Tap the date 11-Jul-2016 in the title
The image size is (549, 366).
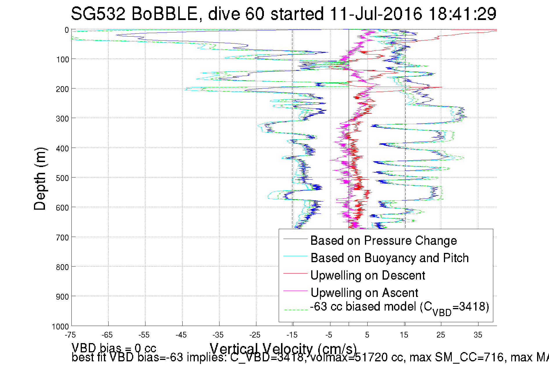376,14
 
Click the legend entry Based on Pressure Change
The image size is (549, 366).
384,240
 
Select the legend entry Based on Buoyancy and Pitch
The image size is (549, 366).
390,258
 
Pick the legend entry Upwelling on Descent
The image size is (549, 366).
368,275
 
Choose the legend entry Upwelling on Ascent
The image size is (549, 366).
364,293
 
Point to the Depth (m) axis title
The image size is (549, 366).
40,179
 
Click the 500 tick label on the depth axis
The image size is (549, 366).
62,178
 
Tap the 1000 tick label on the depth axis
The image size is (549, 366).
60,327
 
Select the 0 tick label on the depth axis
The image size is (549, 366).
67,30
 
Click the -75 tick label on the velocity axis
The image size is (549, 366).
70,335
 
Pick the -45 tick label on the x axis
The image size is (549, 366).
181,335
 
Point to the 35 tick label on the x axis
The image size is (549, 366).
478,335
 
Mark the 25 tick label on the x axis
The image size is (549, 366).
441,335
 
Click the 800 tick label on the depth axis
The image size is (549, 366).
62,267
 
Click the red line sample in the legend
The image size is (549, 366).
295,273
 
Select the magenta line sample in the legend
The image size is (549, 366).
295,291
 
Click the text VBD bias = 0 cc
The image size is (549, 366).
114,348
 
